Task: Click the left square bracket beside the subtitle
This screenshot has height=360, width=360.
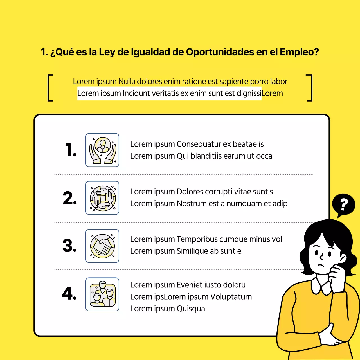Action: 50,87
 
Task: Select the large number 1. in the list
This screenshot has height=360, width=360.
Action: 71,150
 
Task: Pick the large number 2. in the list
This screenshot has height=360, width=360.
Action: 69,198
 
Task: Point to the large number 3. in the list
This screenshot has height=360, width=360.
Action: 69,246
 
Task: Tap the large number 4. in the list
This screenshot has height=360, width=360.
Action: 69,293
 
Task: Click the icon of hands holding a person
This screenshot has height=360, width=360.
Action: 102,150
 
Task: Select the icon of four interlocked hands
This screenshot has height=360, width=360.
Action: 102,198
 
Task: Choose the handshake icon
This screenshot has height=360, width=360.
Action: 102,246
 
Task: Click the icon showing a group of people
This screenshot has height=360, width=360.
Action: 102,294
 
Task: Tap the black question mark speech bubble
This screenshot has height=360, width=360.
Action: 343,204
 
